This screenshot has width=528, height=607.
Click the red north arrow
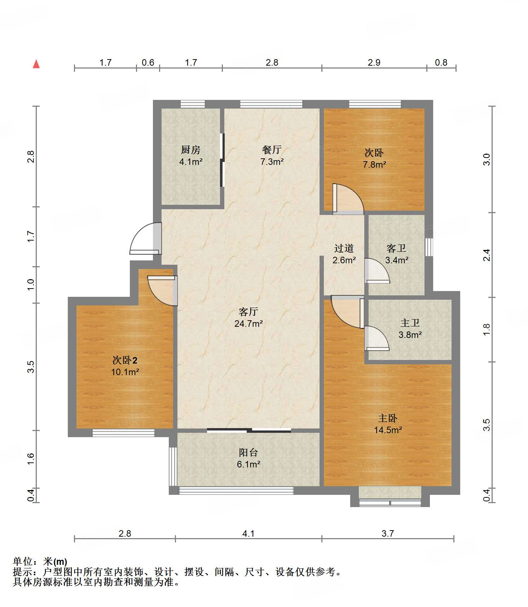tap(36, 64)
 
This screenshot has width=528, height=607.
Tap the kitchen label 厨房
tap(190, 150)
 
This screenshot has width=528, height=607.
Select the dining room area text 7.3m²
tap(272, 162)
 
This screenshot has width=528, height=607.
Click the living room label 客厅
tap(248, 312)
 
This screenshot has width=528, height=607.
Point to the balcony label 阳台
tap(248, 452)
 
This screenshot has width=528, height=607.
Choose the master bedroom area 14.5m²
tap(388, 430)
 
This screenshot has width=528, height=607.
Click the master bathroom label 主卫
tap(410, 323)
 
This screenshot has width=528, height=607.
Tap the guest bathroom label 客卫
tap(396, 248)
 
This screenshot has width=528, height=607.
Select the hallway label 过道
tap(344, 248)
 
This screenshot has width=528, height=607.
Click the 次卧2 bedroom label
tap(125, 360)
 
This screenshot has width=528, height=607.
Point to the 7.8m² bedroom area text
tap(374, 164)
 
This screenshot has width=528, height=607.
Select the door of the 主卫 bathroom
tap(377, 338)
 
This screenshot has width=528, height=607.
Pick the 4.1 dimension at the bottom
tap(248, 533)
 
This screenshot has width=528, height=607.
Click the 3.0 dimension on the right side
tap(487, 159)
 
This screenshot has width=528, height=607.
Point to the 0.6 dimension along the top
tap(148, 62)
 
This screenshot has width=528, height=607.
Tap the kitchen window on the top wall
tap(193, 104)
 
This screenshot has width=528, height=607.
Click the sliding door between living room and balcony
tap(249, 430)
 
